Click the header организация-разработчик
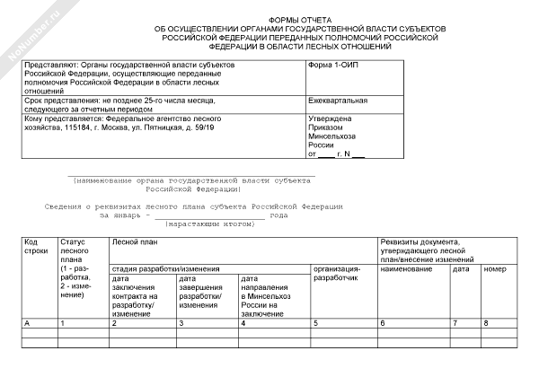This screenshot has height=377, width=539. tap(337, 274)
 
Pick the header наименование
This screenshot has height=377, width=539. tap(408, 269)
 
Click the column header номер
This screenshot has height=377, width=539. tap(495, 269)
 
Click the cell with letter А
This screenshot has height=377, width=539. tap(26, 322)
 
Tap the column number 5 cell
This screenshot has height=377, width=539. tap(315, 322)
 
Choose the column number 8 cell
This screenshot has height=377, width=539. tap(486, 322)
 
